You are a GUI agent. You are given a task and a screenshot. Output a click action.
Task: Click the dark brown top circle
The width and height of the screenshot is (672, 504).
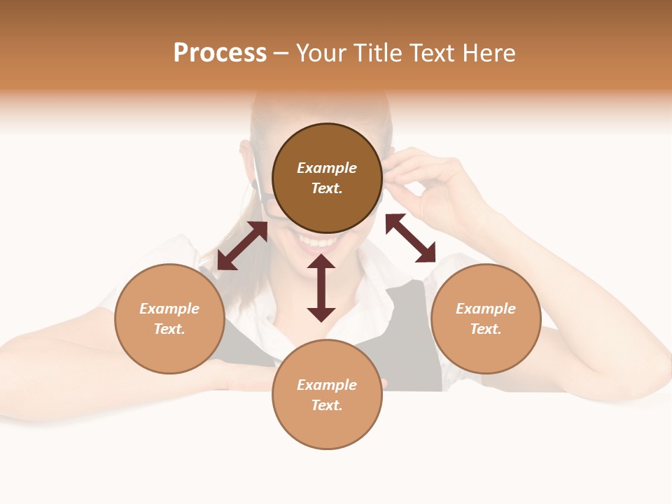tap(327, 178)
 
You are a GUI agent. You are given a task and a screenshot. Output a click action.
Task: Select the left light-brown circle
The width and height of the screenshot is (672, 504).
tap(169, 318)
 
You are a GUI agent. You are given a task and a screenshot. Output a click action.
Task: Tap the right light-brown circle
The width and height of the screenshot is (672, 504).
tap(486, 318)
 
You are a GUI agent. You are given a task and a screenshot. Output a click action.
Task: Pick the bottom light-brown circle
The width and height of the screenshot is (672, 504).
tap(327, 394)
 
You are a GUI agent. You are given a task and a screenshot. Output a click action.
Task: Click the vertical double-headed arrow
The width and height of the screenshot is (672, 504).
tap(321, 288)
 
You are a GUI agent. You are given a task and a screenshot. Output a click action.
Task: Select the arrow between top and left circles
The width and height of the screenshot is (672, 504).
tap(242, 246)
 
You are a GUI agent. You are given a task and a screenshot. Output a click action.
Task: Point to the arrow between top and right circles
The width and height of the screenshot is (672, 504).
tap(410, 238)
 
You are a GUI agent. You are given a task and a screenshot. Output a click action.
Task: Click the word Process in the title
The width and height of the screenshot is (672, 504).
tap(220, 52)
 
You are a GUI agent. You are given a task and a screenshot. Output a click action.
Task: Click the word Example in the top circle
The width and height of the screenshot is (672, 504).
tap(327, 168)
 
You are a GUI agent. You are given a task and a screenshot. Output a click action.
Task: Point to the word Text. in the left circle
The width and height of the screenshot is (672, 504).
tap(169, 329)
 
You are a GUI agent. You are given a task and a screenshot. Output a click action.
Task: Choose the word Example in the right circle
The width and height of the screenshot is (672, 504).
tap(486, 309)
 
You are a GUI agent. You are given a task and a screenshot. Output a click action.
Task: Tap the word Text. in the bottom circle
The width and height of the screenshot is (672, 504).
tap(327, 405)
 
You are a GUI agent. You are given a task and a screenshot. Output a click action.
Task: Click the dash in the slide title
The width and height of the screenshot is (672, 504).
tap(281, 53)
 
